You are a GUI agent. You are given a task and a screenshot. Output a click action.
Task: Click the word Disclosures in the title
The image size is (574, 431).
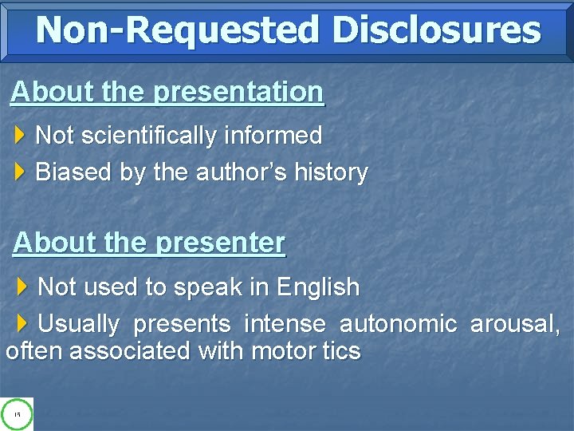coord(437,30)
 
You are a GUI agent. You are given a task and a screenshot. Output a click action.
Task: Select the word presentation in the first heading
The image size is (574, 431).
coord(238,93)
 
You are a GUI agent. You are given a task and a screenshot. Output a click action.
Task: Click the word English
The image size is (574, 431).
coord(317,287)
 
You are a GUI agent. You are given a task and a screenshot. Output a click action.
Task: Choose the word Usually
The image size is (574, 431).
coord(78,324)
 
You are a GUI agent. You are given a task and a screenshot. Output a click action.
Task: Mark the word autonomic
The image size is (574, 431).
coord(398,324)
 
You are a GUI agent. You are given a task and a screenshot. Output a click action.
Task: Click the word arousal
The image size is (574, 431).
coord(514,324)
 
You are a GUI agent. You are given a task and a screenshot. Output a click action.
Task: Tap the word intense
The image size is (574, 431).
coord(285,324)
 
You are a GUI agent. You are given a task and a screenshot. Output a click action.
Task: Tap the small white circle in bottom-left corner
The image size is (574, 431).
coord(17,414)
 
